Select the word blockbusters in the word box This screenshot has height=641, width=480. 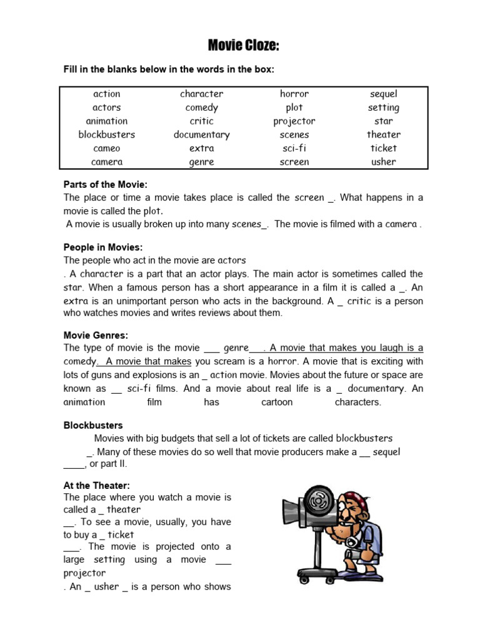click(x=106, y=135)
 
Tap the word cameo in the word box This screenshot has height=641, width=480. click(x=106, y=148)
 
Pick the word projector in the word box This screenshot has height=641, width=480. click(x=294, y=121)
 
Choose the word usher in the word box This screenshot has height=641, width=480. click(x=383, y=162)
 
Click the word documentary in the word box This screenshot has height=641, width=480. click(x=201, y=135)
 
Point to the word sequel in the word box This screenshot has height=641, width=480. click(x=383, y=94)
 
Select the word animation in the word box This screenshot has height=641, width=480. click(x=106, y=121)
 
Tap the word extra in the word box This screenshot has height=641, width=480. click(x=201, y=148)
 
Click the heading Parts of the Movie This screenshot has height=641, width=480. click(x=106, y=184)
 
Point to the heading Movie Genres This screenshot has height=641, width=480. click(x=96, y=336)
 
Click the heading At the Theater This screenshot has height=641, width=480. click(x=96, y=485)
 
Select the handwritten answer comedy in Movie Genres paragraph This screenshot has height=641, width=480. click(x=79, y=361)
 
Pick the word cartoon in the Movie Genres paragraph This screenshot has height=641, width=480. click(x=277, y=402)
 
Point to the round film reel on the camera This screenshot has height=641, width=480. click(x=319, y=500)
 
